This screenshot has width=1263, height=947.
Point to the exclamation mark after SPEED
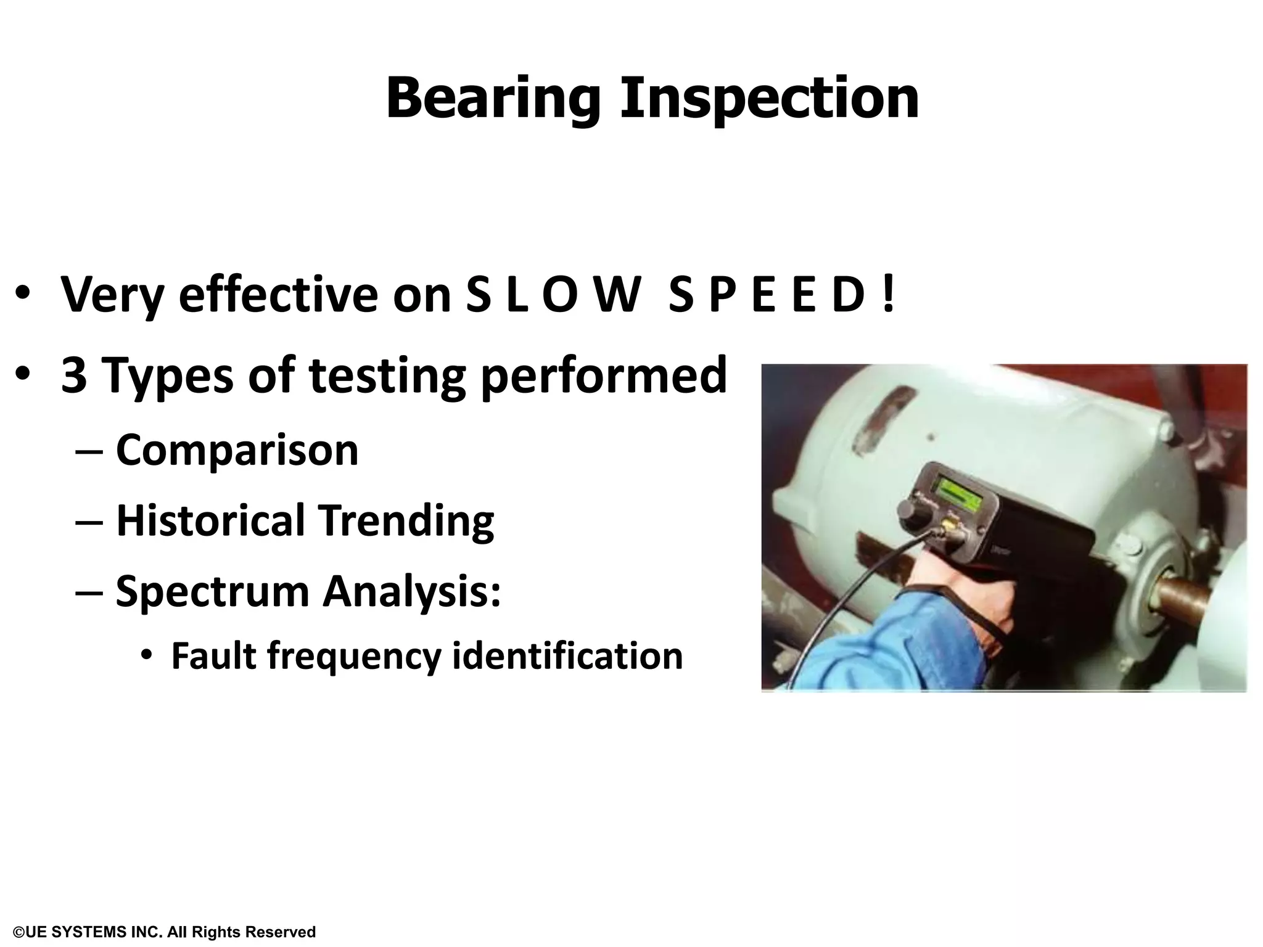(x=887, y=295)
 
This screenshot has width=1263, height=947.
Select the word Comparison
(x=237, y=450)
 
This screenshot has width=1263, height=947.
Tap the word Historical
(x=210, y=521)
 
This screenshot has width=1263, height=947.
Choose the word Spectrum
(x=212, y=592)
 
